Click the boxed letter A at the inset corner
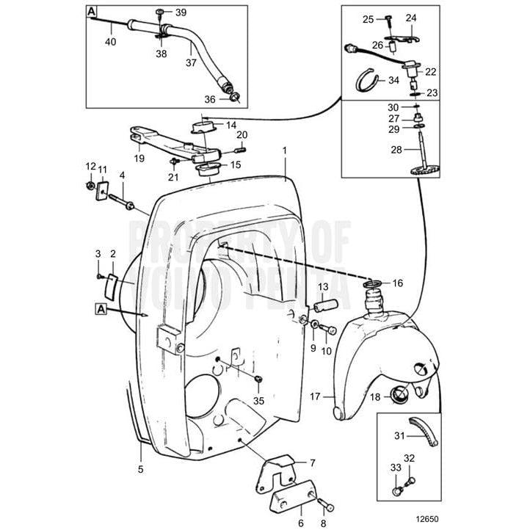pos(92,12)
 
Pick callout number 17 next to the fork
pos(316,397)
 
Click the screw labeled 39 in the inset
pos(161,12)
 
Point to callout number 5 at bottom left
pos(141,467)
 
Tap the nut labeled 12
pos(89,185)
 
